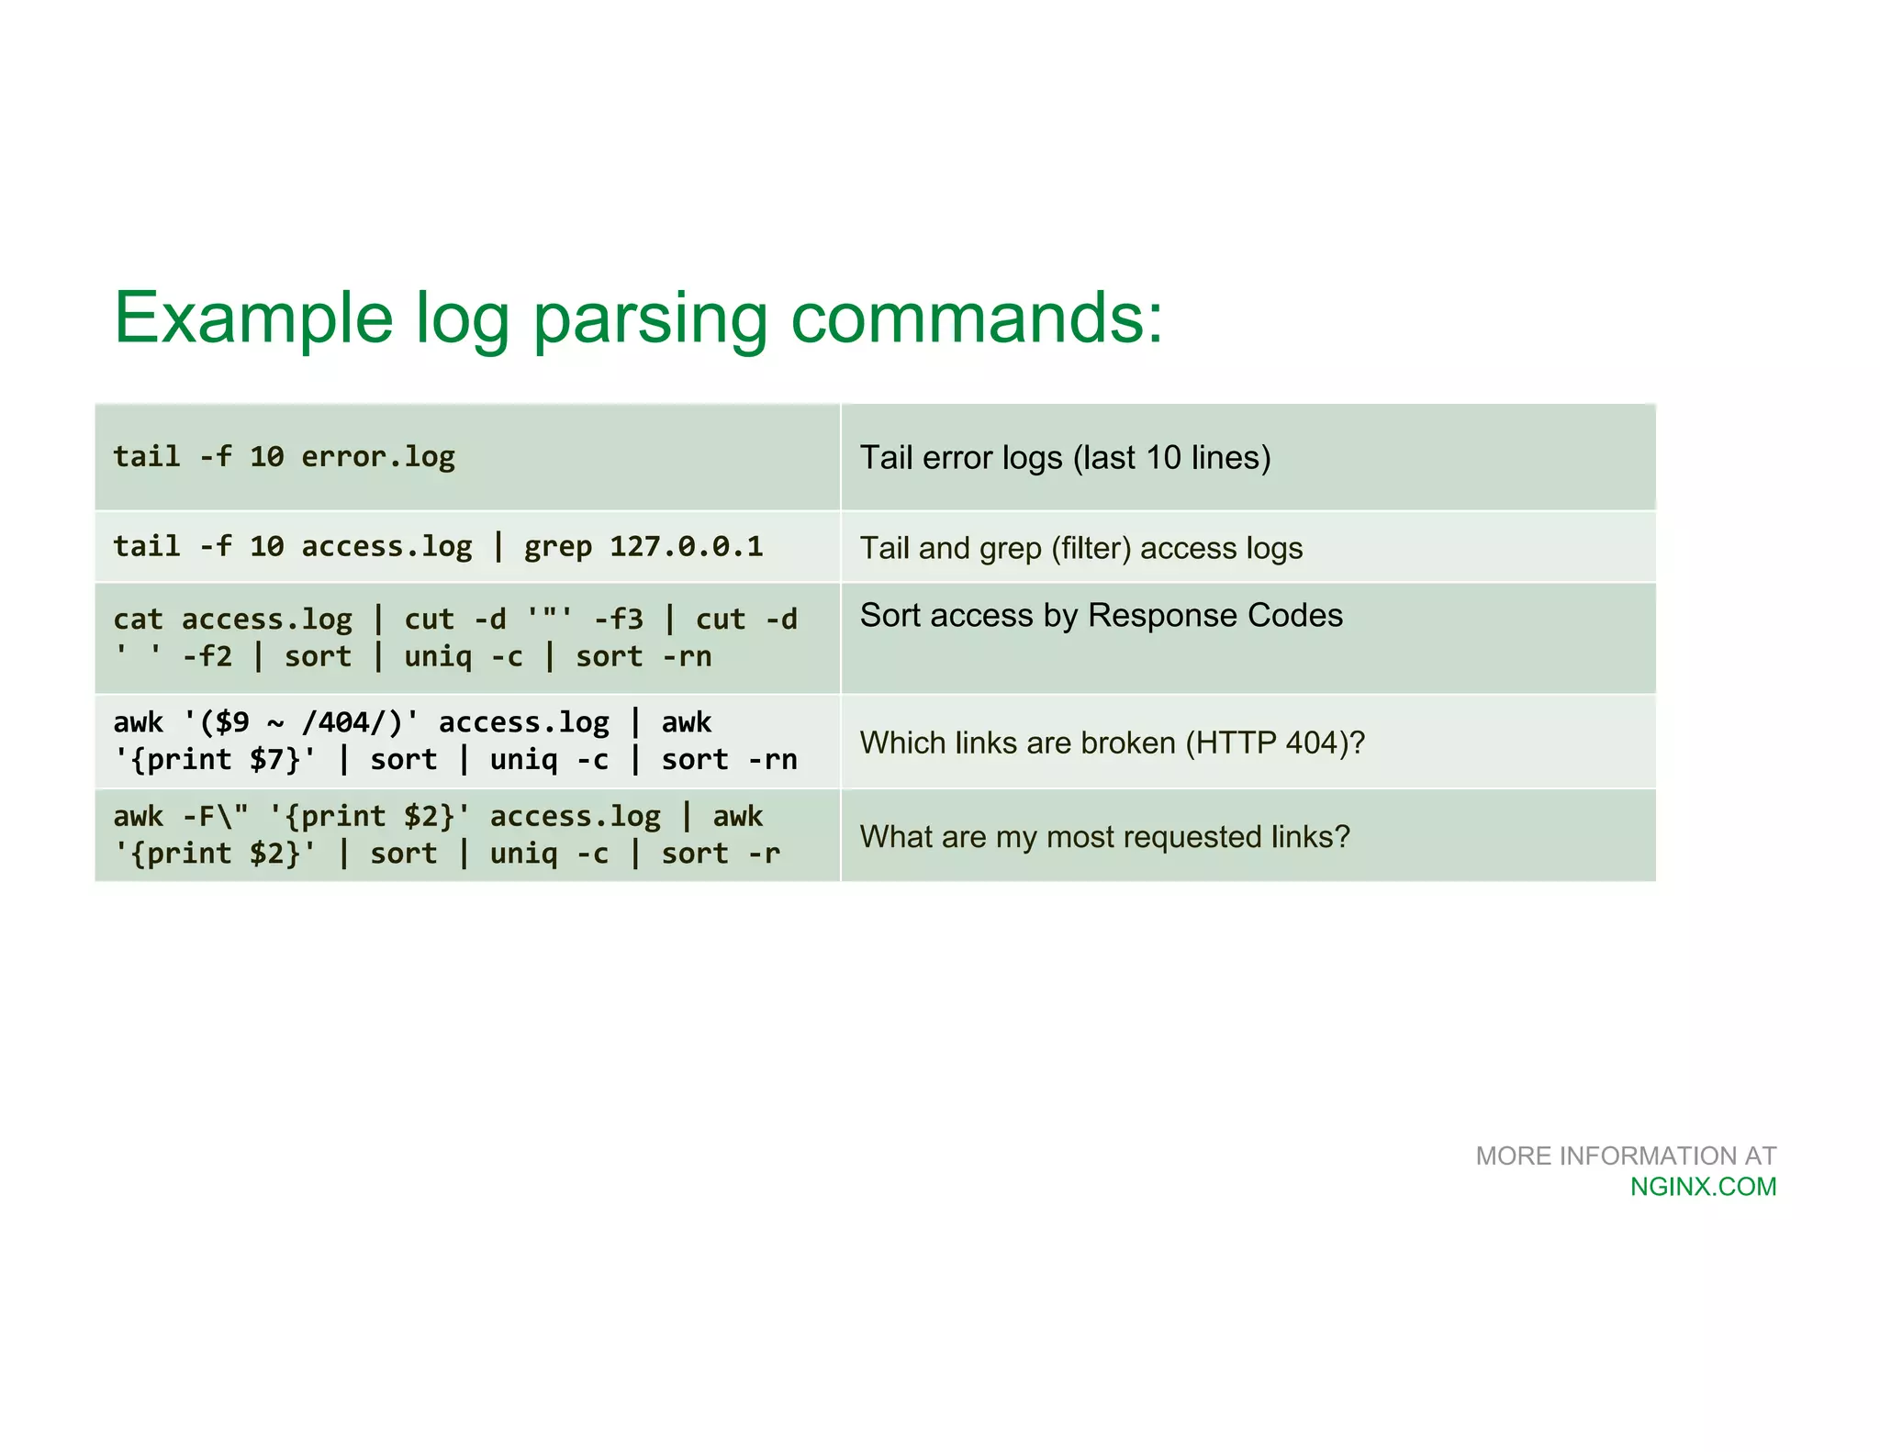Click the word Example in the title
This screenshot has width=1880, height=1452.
[253, 318]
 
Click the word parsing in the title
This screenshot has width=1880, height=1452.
[650, 318]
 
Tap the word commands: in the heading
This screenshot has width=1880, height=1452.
[977, 318]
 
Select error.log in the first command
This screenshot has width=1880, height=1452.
[378, 456]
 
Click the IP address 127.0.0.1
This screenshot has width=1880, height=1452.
[687, 546]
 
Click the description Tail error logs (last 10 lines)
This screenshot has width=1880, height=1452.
[1065, 457]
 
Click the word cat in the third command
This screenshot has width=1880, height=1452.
[138, 620]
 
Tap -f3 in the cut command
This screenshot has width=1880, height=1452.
[618, 620]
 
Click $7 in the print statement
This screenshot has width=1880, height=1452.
[266, 759]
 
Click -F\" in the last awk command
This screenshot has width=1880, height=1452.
[215, 816]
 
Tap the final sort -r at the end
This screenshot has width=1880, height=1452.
[721, 854]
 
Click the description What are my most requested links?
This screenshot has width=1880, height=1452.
[1104, 837]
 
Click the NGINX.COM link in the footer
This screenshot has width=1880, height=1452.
[1703, 1187]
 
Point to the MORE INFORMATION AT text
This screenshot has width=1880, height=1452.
[1625, 1156]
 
